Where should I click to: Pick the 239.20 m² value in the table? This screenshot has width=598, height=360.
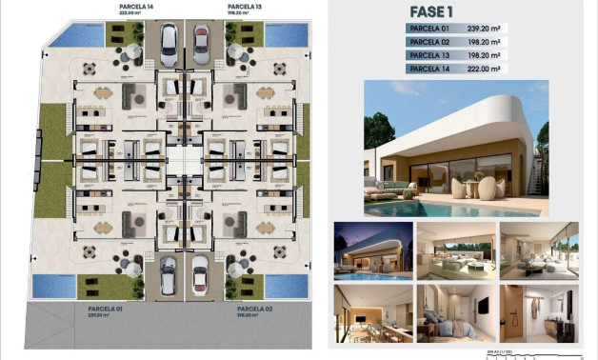[484, 30]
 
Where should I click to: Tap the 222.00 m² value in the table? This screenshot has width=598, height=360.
[484, 70]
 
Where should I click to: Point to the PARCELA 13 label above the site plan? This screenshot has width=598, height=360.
[244, 7]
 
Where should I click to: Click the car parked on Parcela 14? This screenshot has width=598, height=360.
[168, 43]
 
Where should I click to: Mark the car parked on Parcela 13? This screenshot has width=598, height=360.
[201, 43]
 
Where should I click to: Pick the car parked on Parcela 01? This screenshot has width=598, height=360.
[168, 276]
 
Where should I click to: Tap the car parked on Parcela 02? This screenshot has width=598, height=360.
[201, 276]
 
